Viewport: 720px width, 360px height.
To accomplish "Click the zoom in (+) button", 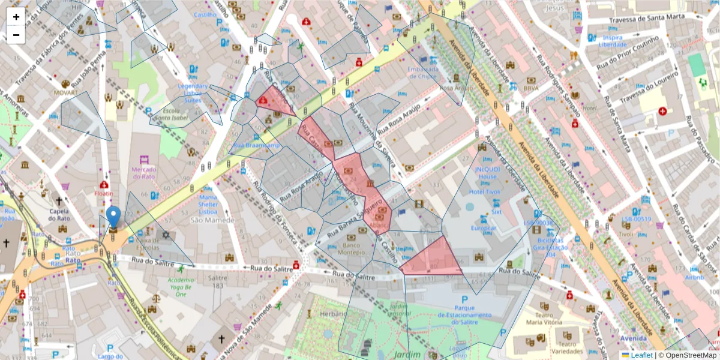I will [16, 17].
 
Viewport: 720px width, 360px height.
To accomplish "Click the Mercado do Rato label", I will [143, 173].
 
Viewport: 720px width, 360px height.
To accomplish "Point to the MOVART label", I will [65, 93].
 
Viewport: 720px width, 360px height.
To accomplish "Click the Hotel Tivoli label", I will [485, 192].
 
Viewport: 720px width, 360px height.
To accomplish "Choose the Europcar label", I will [484, 229].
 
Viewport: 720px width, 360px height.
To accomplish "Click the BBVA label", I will [531, 88].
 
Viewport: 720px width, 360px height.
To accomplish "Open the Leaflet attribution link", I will [641, 355].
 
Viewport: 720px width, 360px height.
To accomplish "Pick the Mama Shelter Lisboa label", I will [208, 204].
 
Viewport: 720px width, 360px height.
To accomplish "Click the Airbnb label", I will [694, 277].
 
